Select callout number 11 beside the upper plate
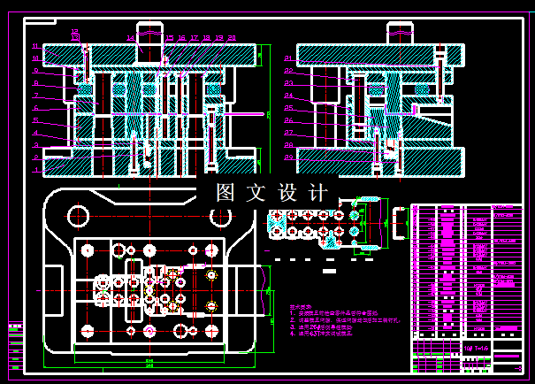coord(36,46)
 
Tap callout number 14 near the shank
coord(130,38)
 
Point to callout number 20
coord(232,38)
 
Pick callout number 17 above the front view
coord(194,38)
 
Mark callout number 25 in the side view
coord(288,108)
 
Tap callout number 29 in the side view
coord(288,157)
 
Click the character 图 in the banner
coord(226,192)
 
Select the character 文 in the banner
coord(257,192)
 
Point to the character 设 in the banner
coord(288,192)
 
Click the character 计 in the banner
coord(319,192)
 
